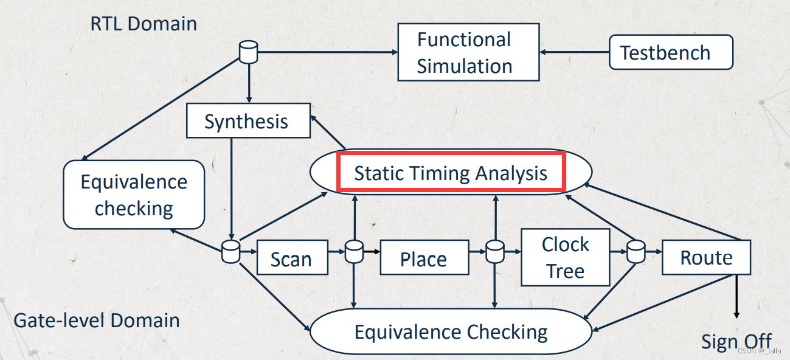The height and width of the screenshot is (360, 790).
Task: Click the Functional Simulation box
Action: coord(468,52)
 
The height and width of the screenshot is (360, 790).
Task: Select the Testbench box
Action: coord(670,52)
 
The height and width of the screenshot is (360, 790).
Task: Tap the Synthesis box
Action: coord(246,121)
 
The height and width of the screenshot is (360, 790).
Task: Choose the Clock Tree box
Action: coord(566,257)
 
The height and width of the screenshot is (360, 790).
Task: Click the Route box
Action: coord(706,257)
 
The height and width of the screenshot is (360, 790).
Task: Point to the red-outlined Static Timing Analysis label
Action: coord(451,173)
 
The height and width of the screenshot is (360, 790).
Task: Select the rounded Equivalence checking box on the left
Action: coord(134,195)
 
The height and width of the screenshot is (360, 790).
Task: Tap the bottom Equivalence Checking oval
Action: coord(451,332)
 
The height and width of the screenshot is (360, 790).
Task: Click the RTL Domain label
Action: coord(144,24)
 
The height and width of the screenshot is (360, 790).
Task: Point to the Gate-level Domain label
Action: coord(97,320)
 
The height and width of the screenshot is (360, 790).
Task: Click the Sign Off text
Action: coord(736,341)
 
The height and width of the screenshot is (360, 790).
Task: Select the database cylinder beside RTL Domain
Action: coord(248,52)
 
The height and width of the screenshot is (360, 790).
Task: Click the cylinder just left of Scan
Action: coord(230,251)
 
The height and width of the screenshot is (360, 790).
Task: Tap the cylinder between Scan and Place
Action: coord(354,251)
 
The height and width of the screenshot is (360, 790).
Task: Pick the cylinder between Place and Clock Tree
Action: coord(495,251)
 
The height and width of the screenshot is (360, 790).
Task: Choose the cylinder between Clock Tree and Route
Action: coord(636,251)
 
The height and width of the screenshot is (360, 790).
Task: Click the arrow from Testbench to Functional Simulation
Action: coord(574,52)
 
